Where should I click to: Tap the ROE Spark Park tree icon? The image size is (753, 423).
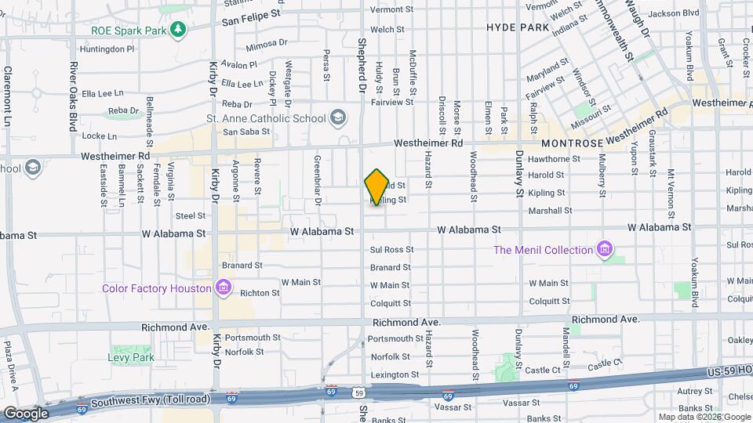pos(180,29)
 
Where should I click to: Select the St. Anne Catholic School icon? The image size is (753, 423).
pos(338,118)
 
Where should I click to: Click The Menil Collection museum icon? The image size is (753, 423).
pos(604,250)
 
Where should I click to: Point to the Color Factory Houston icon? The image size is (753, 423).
pos(224,287)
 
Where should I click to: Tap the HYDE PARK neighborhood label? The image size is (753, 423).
pos(517,27)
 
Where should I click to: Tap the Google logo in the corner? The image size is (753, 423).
pos(25,413)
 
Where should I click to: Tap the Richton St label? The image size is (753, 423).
pos(260,293)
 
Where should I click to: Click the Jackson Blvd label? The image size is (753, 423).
pos(674,13)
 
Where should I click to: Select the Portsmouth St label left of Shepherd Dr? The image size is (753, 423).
pos(247,338)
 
